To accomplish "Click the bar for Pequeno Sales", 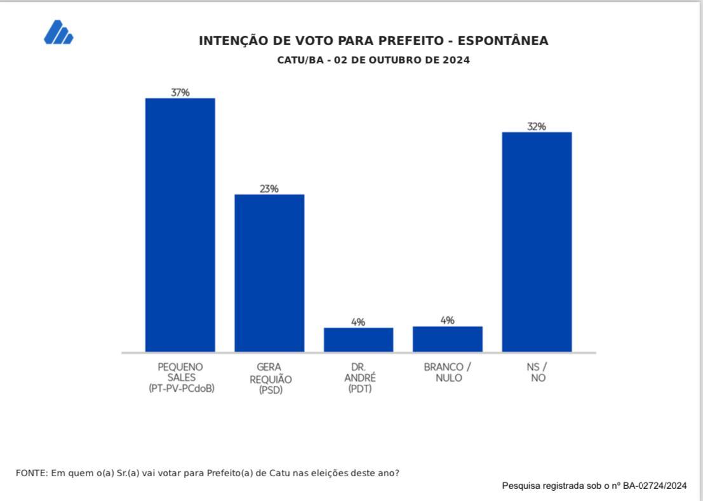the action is (x=180, y=225).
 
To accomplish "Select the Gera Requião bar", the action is (x=269, y=273).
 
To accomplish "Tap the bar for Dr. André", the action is (x=358, y=340).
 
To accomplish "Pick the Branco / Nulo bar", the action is (x=448, y=339).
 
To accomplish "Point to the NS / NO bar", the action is (x=537, y=242).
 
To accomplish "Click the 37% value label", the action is (x=180, y=92).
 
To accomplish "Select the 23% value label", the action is (x=269, y=189).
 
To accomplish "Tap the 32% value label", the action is (x=537, y=126).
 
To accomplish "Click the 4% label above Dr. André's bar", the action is (x=358, y=322).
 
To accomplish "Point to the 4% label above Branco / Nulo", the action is (x=448, y=320).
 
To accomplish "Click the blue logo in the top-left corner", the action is (x=58, y=32).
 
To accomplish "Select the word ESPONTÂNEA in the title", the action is (x=503, y=41).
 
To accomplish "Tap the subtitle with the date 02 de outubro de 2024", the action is (x=373, y=60).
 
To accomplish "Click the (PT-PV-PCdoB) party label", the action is (x=182, y=389).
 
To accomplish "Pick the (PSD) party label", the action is (x=271, y=390).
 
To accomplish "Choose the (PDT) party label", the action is (x=360, y=389).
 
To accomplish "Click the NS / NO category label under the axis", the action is (x=537, y=372).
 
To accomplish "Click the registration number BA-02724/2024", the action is (x=655, y=486).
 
